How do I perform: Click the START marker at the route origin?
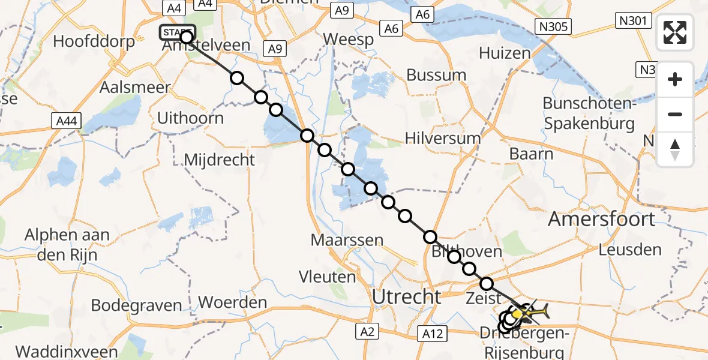point(177,32)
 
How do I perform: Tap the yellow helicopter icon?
point(531,312)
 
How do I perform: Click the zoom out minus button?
point(675,114)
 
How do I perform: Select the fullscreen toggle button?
point(675,32)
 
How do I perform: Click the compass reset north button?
point(675,149)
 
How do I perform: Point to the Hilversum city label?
point(443,138)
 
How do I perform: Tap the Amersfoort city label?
point(602,219)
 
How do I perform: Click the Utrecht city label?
point(407,296)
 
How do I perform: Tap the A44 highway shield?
point(65,121)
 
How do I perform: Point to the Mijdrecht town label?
point(220,160)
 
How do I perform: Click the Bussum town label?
point(436,75)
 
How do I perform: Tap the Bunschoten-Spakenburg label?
point(589,113)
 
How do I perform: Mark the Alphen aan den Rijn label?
point(67,244)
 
